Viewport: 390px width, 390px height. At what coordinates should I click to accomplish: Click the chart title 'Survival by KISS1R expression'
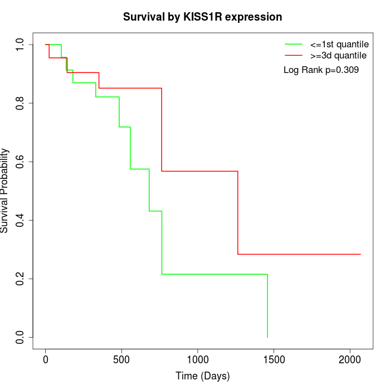click(202, 17)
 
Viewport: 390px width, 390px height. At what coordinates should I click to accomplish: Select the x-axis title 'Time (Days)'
click(202, 376)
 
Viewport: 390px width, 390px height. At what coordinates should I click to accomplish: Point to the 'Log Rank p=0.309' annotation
click(321, 70)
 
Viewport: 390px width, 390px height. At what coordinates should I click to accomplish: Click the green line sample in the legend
click(294, 44)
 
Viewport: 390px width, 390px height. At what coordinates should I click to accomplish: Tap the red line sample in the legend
click(294, 55)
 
